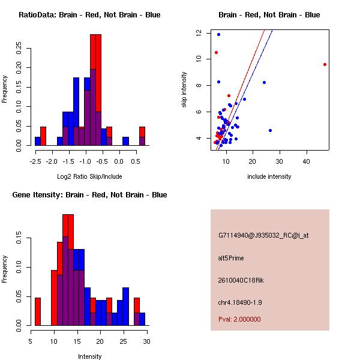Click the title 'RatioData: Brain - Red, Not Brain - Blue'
tap(89, 14)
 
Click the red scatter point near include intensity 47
tap(325, 64)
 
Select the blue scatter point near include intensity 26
tap(270, 130)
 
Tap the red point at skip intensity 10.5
tap(216, 52)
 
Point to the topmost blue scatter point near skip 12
tap(218, 34)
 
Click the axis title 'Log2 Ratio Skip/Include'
tap(89, 176)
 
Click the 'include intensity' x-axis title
tap(269, 176)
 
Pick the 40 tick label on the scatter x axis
tap(307, 162)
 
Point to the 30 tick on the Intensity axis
tap(146, 341)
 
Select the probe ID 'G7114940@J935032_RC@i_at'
tap(263, 236)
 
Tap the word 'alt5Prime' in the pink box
tap(231, 258)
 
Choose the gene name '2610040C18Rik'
tap(239, 280)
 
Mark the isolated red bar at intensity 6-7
tap(38, 311)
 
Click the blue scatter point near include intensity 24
tap(264, 82)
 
